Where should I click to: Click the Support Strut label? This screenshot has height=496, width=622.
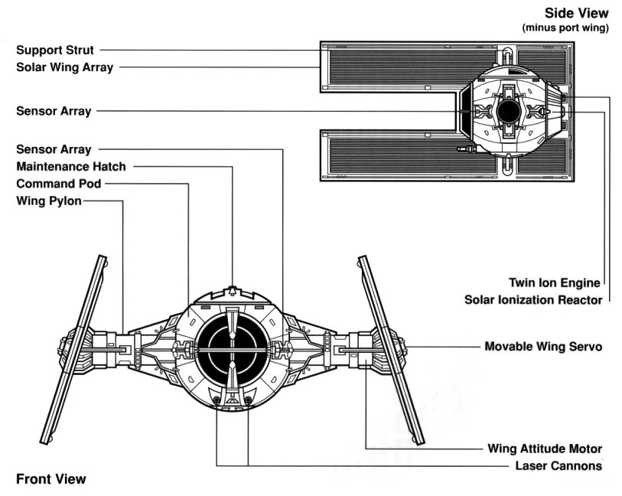55,51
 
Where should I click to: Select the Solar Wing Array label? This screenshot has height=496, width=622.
65,67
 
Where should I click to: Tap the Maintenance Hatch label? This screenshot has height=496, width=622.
71,167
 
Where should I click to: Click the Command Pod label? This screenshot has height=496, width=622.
59,184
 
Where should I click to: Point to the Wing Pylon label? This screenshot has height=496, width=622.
49,201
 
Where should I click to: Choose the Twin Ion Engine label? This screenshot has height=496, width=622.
555,283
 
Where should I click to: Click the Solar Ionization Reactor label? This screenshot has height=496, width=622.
533,300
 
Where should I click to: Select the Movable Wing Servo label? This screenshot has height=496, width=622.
543,347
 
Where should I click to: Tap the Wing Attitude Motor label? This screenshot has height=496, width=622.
545,449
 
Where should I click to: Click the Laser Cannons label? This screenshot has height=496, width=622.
558,466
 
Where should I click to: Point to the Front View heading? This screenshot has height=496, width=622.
50,479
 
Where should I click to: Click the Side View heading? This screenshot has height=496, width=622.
576,13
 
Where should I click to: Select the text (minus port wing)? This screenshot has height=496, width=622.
565,28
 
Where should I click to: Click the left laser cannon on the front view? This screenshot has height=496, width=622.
217,400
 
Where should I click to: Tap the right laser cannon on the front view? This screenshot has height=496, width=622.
248,400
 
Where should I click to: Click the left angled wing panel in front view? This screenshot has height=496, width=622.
73,349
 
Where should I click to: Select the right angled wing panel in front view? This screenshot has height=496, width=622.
392,350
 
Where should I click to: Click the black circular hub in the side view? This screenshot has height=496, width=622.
508,112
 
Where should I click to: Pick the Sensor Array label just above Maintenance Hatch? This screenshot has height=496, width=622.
54,149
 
